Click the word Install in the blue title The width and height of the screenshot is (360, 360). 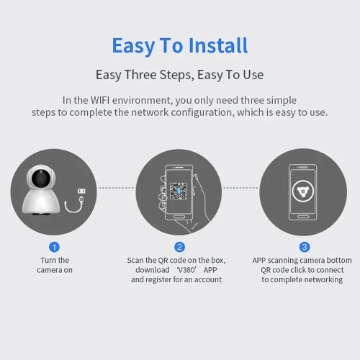tap(218, 45)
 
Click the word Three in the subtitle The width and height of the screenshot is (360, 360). tap(140, 74)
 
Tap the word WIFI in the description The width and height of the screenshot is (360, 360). tap(100, 100)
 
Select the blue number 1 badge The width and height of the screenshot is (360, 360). tap(54, 247)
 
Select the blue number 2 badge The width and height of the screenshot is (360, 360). tap(179, 247)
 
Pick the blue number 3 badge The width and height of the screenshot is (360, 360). tap(305, 247)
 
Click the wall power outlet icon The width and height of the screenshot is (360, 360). tap(81, 191)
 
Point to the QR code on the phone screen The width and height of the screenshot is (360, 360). tap(179, 191)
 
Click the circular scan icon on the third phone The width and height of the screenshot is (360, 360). tap(303, 192)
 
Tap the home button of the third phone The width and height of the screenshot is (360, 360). tap(303, 217)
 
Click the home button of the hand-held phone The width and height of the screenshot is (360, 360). tap(179, 217)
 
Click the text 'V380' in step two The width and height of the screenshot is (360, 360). tap(186, 270)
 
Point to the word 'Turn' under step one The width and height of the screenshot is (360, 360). tap(48, 260)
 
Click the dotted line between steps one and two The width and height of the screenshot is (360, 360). tap(117, 188)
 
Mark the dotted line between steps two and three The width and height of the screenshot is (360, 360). tap(240, 188)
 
